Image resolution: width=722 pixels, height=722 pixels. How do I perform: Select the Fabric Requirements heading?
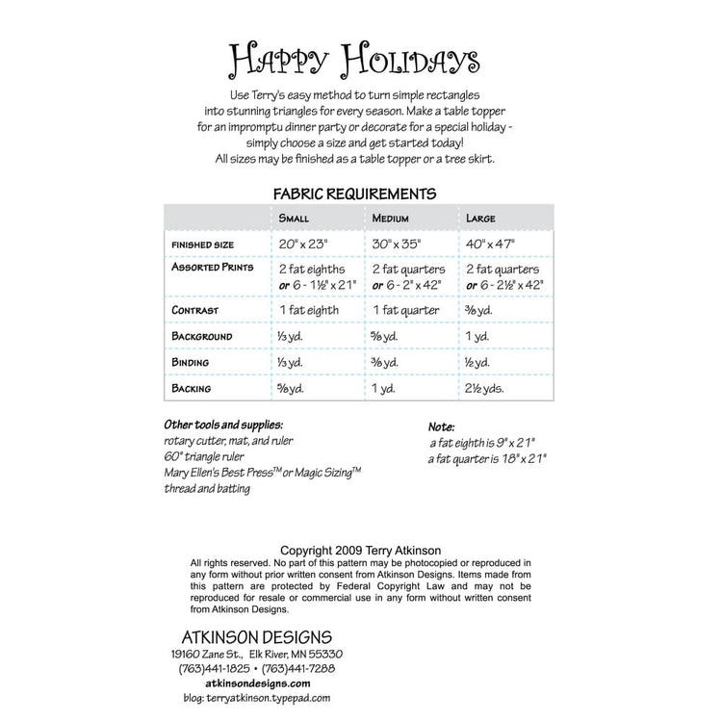(355, 193)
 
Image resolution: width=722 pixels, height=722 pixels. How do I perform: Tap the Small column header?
(294, 219)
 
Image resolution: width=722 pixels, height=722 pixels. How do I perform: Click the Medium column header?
(391, 219)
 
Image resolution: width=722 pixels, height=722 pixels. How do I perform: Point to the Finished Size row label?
(204, 245)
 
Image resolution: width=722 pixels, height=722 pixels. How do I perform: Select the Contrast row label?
(195, 311)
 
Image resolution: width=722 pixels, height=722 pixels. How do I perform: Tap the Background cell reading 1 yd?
(477, 337)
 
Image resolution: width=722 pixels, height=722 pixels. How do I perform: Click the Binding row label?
(192, 363)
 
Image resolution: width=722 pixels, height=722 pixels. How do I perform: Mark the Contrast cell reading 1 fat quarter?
(405, 310)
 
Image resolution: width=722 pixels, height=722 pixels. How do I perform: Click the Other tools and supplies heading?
(223, 425)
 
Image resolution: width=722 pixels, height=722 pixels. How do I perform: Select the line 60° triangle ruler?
(204, 456)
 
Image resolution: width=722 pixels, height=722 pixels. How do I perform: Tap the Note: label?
(442, 426)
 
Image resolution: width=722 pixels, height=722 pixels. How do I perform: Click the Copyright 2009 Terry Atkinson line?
(361, 551)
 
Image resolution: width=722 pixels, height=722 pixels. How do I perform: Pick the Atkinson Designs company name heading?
(257, 637)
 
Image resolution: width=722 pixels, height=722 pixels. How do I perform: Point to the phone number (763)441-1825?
(214, 668)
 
